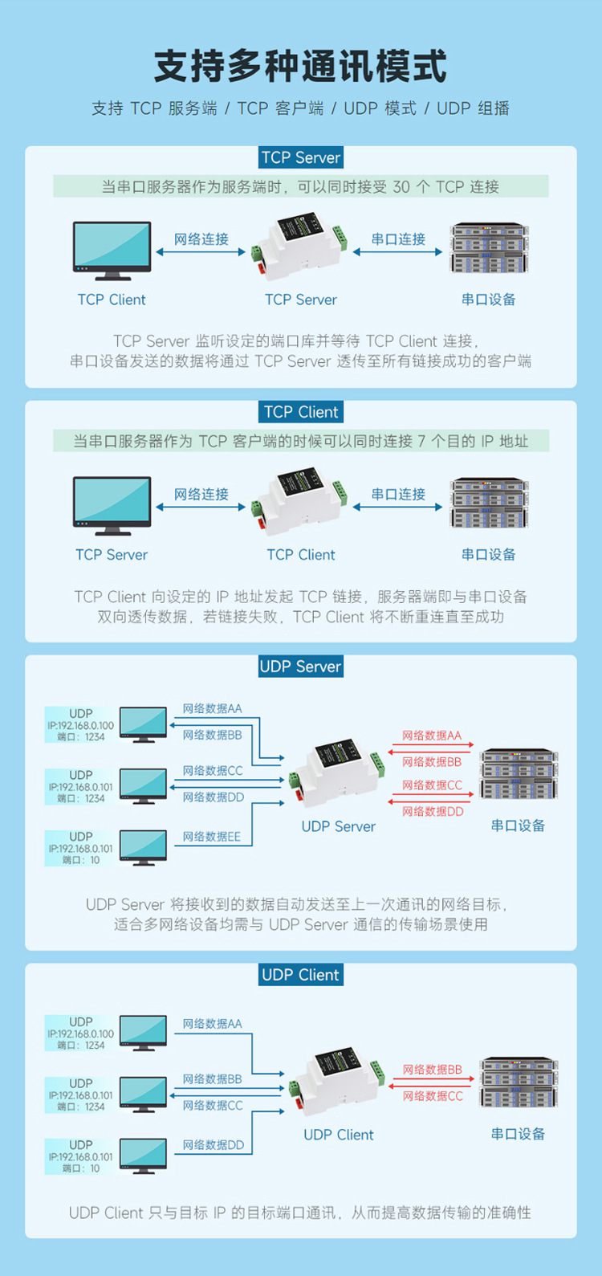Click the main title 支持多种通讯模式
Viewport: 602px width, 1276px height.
(x=300, y=66)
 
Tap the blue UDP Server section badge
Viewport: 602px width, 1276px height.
(x=301, y=667)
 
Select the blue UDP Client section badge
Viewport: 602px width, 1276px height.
(x=301, y=975)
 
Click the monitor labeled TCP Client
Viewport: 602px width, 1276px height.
(x=112, y=251)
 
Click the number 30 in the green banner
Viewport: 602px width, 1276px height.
(x=401, y=187)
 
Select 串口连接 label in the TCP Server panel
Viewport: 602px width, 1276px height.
(x=398, y=239)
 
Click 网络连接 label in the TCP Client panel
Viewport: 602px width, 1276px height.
(x=201, y=494)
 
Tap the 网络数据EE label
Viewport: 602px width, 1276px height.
(x=211, y=837)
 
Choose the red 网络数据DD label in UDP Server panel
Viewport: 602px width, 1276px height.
(x=433, y=812)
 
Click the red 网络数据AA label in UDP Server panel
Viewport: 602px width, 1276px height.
(x=432, y=736)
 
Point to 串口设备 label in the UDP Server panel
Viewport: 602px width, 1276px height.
(x=518, y=826)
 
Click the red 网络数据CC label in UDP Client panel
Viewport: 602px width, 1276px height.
(x=433, y=1096)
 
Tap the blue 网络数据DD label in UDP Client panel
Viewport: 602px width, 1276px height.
(x=213, y=1145)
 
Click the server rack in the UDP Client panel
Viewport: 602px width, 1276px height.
(x=519, y=1083)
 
